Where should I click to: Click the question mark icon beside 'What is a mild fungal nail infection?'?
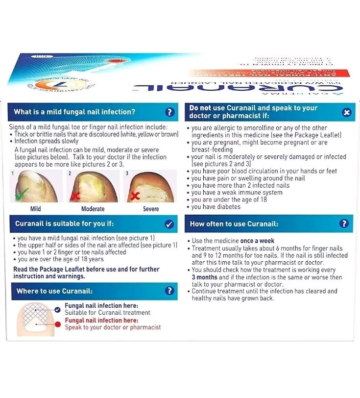[x=169, y=112]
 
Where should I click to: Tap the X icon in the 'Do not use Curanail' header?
[x=346, y=112]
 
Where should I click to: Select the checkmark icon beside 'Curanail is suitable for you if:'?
[x=169, y=224]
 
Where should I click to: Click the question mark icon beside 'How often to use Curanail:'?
[x=344, y=224]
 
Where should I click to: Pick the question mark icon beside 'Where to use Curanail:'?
[x=169, y=291]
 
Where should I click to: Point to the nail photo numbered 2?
[x=93, y=187]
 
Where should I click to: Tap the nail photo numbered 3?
[x=149, y=187]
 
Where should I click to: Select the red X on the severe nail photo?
[x=133, y=196]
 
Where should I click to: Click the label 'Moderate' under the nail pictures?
[x=93, y=209]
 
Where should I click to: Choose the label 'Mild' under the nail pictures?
[x=35, y=209]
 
